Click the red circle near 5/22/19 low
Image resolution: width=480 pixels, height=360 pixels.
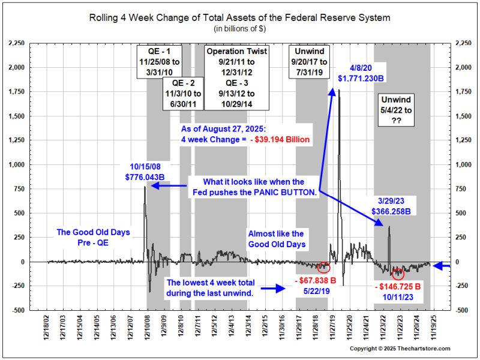(324, 266)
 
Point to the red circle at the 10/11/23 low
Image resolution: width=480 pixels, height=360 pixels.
(398, 274)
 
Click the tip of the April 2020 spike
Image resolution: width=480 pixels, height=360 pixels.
(339, 90)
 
